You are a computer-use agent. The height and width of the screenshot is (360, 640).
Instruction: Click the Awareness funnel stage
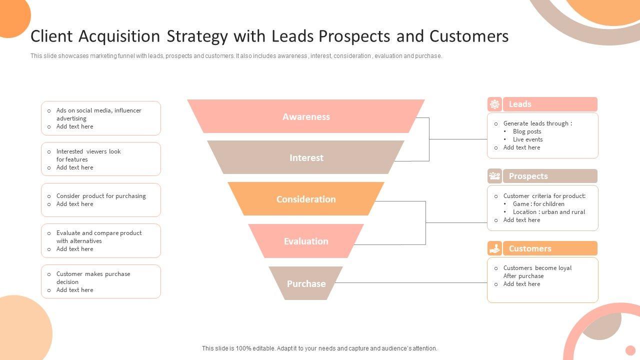[306, 116]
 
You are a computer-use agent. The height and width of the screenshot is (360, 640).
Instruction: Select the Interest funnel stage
[306, 157]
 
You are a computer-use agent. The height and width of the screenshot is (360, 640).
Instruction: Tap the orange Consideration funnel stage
[306, 199]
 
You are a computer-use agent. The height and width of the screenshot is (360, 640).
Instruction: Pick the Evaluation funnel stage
[306, 241]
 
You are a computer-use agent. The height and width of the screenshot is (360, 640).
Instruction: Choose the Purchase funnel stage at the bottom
[306, 283]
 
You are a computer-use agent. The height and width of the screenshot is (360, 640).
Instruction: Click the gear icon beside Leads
[494, 104]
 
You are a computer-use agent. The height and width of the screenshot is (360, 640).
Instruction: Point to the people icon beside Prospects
[494, 176]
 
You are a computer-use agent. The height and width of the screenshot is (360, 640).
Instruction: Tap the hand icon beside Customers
[494, 248]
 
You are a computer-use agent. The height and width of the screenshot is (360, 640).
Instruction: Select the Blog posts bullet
[527, 131]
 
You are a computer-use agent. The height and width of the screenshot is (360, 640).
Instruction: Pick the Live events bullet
[527, 139]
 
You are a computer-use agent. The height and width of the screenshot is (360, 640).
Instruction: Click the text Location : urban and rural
[548, 212]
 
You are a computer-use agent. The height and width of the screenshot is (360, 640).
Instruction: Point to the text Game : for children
[538, 204]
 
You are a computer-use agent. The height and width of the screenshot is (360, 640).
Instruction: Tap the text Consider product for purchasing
[101, 196]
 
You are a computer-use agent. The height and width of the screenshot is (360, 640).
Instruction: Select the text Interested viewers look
[88, 151]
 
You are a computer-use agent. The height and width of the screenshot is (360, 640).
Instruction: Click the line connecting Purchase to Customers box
[410, 283]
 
